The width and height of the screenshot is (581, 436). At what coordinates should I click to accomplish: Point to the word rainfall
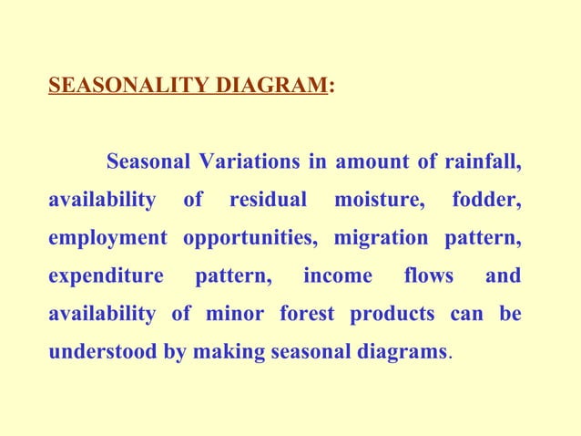(x=484, y=163)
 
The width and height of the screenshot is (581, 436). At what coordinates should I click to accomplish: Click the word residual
(x=269, y=200)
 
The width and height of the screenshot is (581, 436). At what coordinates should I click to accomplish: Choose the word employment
(x=107, y=238)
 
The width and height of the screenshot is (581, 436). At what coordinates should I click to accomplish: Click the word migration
(x=381, y=238)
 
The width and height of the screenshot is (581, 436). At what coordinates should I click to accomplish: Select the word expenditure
(x=106, y=276)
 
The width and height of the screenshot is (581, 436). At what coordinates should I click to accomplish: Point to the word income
(x=338, y=276)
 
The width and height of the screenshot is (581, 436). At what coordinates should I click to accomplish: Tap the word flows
(x=429, y=276)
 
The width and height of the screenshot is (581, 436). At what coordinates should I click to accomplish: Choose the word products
(x=393, y=315)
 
